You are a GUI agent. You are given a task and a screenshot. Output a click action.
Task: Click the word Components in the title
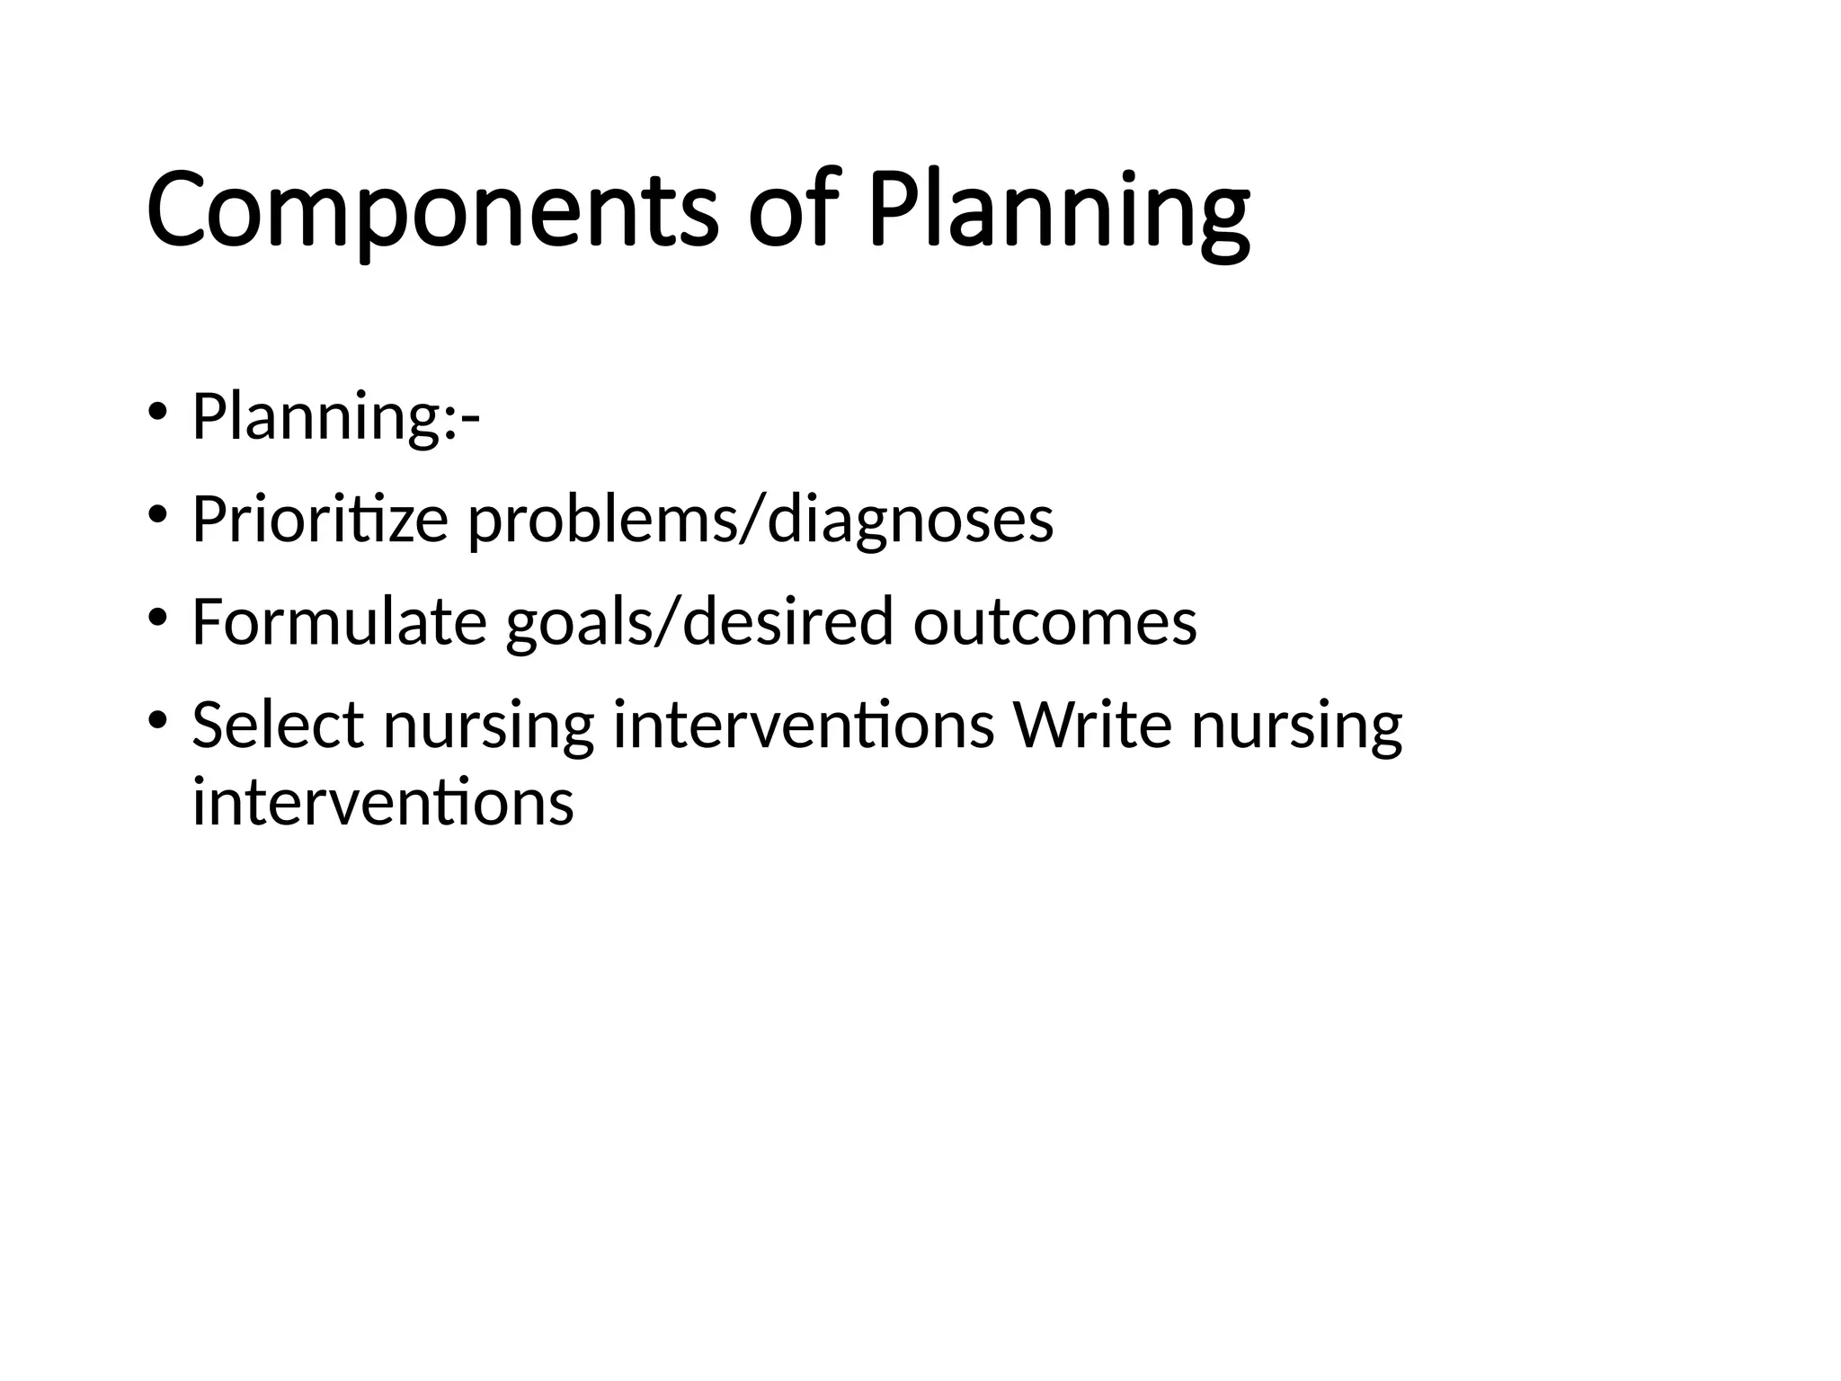point(431,211)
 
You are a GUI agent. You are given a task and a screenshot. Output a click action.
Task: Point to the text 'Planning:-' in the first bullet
point(335,417)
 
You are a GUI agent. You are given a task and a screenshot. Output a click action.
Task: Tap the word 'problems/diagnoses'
point(760,521)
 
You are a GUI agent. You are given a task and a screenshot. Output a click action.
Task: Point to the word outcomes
point(1054,622)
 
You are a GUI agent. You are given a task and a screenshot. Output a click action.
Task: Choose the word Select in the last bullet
point(278,725)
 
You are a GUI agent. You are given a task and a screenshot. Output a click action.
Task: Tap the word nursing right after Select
point(488,726)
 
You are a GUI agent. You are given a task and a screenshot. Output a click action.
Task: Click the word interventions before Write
point(803,725)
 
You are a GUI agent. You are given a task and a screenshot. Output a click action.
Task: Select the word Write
point(1092,725)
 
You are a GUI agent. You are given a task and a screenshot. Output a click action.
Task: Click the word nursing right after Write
point(1296,726)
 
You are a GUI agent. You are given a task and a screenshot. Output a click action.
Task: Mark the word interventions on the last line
point(383,802)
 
